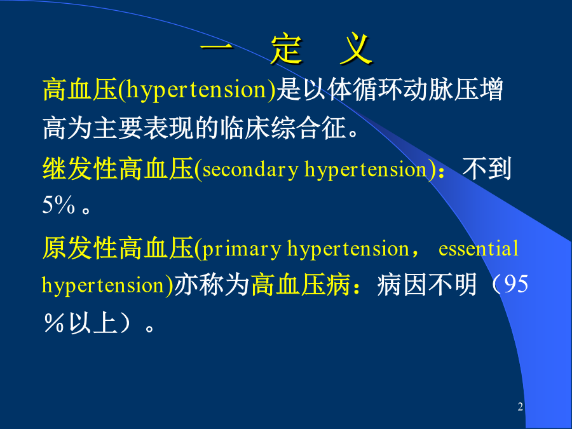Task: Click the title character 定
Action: click(287, 49)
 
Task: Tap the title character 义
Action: click(356, 49)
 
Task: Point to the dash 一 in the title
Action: click(216, 46)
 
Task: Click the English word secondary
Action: click(250, 169)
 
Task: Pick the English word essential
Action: click(478, 249)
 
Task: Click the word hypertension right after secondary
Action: click(365, 170)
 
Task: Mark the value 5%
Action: click(58, 205)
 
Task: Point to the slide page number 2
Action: click(520, 406)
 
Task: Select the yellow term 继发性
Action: click(80, 169)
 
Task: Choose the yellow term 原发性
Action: click(80, 248)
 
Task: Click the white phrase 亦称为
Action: click(212, 284)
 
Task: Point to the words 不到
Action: click(487, 169)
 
